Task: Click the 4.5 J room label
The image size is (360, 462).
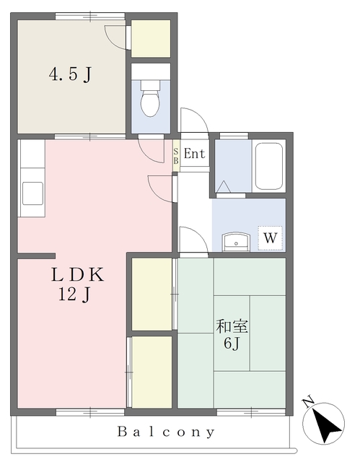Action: tap(70, 74)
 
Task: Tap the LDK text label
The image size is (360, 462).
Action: tap(78, 274)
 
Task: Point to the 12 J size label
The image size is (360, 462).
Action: tap(74, 294)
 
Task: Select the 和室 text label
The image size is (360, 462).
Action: tap(232, 326)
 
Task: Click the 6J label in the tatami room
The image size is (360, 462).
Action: tap(232, 343)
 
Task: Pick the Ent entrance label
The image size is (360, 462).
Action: tap(194, 154)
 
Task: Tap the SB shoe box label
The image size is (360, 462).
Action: tap(176, 156)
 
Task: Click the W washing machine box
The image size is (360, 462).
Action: tap(271, 238)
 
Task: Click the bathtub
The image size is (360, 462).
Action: tap(269, 166)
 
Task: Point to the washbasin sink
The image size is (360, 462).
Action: tap(236, 242)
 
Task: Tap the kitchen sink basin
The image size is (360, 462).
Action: tap(32, 193)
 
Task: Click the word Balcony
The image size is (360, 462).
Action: tap(166, 432)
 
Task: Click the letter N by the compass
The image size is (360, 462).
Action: tap(308, 402)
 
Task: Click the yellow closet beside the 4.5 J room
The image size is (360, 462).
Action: tap(151, 38)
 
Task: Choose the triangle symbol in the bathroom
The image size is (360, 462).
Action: tap(224, 186)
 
